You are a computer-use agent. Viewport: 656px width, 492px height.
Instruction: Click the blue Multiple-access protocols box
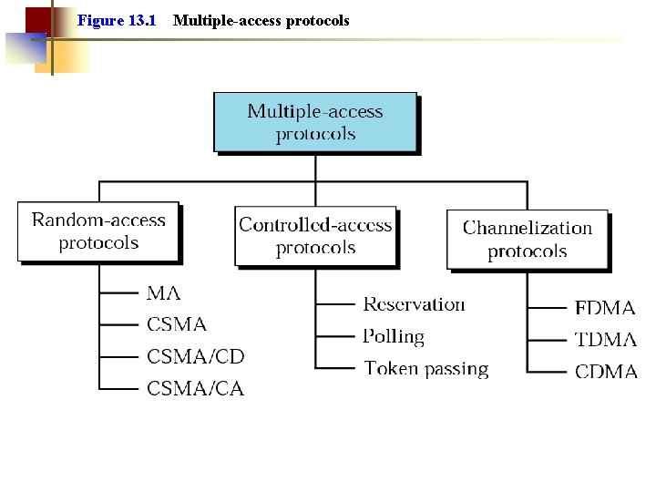315,122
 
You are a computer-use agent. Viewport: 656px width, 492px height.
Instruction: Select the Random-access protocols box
98,231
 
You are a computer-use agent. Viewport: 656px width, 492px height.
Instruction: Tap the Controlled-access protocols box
315,236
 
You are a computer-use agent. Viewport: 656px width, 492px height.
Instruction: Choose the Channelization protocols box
527,240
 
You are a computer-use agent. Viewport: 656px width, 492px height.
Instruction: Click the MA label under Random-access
164,293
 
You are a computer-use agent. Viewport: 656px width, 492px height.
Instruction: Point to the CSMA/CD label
196,356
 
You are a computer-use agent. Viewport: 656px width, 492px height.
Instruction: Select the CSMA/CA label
196,389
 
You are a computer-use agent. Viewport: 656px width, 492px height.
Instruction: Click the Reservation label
414,304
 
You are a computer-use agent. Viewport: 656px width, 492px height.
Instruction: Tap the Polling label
394,336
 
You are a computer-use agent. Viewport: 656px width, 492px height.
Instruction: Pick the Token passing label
426,369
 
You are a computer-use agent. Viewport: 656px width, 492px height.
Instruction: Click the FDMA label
605,308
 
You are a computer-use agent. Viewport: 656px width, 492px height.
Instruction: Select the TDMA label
605,340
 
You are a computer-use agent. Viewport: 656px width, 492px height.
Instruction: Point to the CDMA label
605,372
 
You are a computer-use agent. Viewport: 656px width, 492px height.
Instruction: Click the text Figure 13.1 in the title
117,20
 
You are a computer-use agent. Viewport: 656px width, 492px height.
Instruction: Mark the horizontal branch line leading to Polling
335,336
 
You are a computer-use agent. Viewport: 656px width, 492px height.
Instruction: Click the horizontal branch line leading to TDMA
547,340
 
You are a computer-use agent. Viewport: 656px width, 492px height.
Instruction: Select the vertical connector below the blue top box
315,168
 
